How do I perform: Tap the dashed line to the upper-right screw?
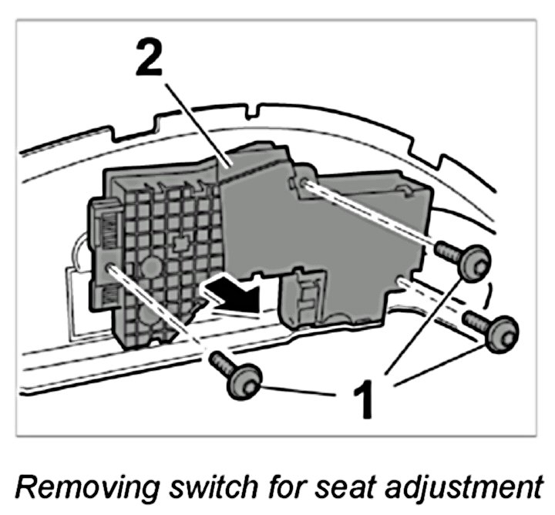(370, 216)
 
